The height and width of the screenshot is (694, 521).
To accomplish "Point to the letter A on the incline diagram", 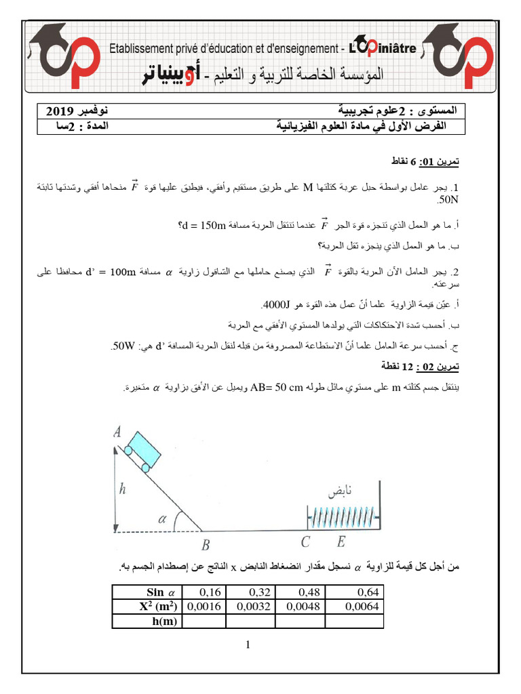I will coord(117,430).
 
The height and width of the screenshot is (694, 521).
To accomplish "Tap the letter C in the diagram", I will coord(306,542).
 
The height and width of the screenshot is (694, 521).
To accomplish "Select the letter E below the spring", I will coord(340,542).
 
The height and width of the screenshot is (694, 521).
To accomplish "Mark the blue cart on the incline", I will coord(143,448).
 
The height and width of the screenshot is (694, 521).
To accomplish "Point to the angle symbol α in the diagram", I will coord(161,519).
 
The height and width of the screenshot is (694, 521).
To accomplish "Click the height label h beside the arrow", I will coord(121,486).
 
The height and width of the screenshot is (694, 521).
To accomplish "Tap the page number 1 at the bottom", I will coord(250,645).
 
